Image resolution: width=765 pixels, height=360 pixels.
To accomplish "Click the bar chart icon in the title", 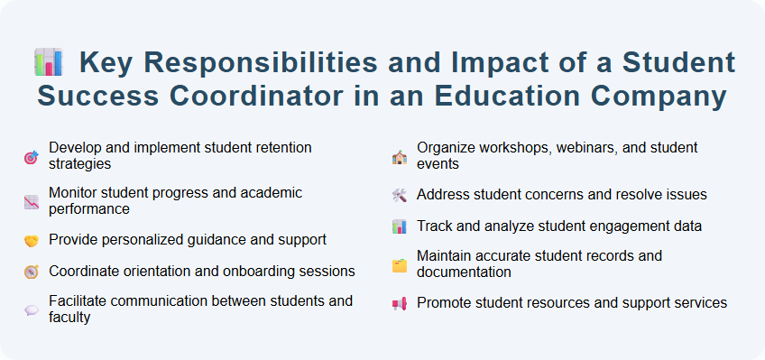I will [x=49, y=63].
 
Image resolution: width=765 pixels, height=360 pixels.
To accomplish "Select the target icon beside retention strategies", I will [x=31, y=156].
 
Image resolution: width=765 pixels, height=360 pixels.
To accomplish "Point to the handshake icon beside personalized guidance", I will [x=31, y=240].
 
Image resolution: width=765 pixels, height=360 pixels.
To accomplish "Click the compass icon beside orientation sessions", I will [x=31, y=272].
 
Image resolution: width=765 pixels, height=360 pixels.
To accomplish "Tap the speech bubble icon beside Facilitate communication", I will [x=31, y=309].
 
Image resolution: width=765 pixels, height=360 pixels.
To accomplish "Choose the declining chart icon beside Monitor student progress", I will [x=31, y=201].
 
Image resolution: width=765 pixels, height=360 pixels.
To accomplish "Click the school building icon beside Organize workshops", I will [x=399, y=156].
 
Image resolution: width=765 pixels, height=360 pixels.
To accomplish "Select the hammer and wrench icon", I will [x=399, y=195].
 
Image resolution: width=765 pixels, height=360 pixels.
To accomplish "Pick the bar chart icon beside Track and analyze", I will [x=399, y=226].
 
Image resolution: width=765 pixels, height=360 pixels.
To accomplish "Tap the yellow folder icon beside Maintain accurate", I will [x=399, y=264].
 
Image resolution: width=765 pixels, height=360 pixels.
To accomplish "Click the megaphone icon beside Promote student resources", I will [x=399, y=303].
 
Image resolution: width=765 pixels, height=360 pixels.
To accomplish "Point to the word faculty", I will [x=69, y=317].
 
